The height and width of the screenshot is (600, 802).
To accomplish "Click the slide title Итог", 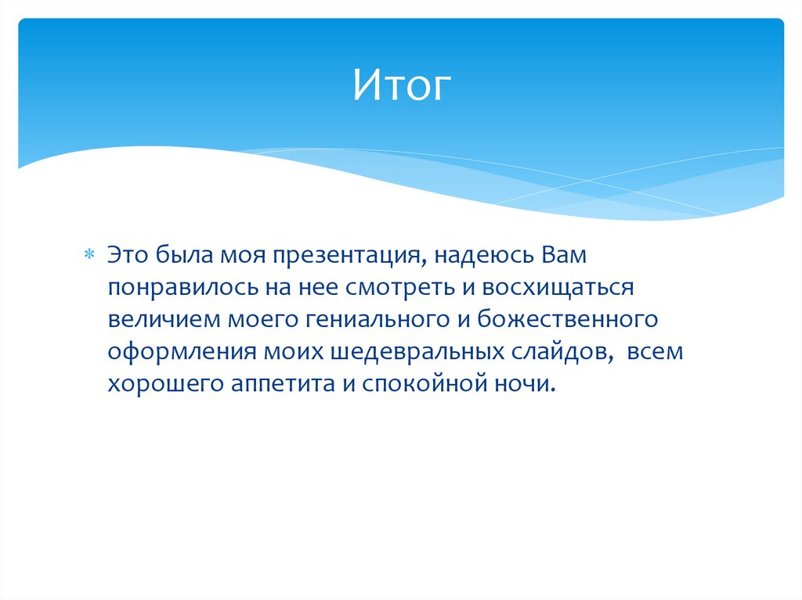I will click(x=402, y=85).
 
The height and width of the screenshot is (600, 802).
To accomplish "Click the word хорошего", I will click(x=163, y=385).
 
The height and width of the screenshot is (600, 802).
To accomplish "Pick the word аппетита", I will click(x=276, y=385).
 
